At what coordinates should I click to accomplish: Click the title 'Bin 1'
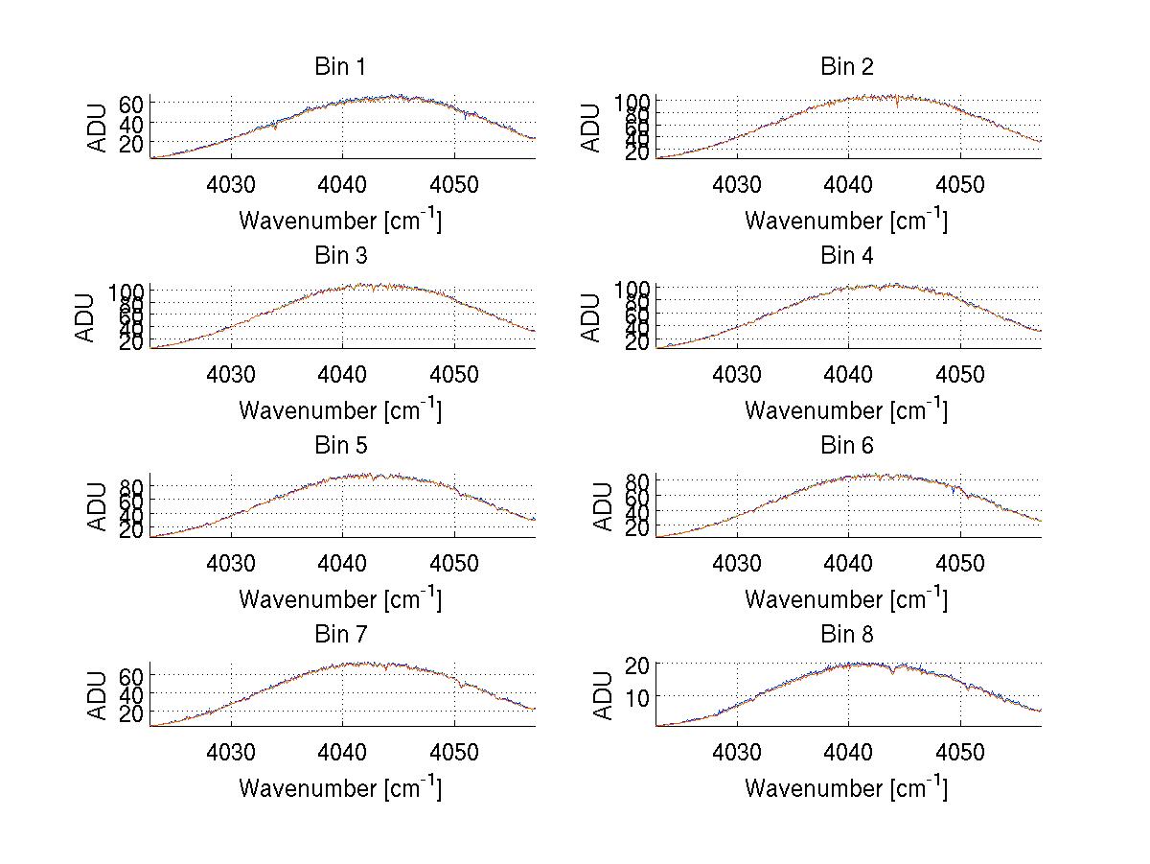click(x=340, y=67)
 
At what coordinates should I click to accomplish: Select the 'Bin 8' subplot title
click(x=847, y=635)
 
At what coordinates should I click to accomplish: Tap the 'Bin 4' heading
click(x=847, y=256)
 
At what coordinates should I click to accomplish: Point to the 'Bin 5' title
click(x=340, y=446)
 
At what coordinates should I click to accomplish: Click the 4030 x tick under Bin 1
click(x=231, y=184)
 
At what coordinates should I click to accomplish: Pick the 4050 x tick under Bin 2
click(x=960, y=184)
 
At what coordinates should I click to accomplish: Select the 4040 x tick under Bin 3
click(x=342, y=373)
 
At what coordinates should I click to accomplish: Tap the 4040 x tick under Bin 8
click(x=848, y=752)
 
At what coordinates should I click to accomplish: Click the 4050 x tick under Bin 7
click(x=454, y=752)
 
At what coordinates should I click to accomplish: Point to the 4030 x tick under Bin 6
click(x=737, y=563)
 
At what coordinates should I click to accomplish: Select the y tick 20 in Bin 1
click(x=131, y=143)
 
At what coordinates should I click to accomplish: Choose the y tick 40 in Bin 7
click(x=131, y=694)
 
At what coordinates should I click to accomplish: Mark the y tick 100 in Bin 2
click(x=632, y=101)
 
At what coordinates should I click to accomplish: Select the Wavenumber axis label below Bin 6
click(x=847, y=599)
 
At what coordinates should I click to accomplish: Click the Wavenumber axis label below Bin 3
click(x=340, y=410)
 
